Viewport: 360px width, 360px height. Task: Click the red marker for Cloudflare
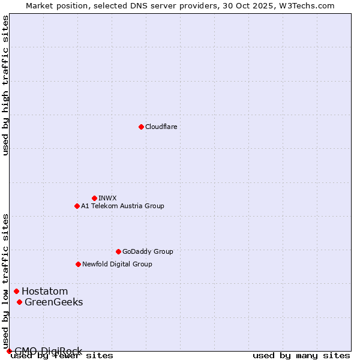point(141,127)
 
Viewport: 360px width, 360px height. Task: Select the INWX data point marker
point(94,198)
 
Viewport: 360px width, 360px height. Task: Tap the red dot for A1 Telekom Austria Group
point(77,206)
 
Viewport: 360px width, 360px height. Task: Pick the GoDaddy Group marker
point(118,251)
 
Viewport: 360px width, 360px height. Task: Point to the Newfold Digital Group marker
point(78,264)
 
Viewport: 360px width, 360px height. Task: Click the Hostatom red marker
point(16,292)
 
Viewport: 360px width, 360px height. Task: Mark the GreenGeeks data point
point(19,302)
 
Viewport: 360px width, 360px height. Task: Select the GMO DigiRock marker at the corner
point(8,351)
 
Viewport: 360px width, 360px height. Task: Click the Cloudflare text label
point(161,127)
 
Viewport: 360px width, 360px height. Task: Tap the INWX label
point(107,198)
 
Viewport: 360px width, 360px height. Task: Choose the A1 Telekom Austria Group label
point(122,206)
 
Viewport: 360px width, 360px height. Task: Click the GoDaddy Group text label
point(148,251)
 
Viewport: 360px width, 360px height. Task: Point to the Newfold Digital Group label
point(117,264)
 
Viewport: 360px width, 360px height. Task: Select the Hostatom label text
point(44,292)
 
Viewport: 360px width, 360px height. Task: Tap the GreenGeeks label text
point(53,302)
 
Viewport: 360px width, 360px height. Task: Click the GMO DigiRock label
point(48,351)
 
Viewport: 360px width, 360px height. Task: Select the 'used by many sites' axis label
point(301,355)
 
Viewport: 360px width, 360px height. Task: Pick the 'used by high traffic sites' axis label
point(5,85)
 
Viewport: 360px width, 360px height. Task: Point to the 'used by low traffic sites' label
point(5,280)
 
